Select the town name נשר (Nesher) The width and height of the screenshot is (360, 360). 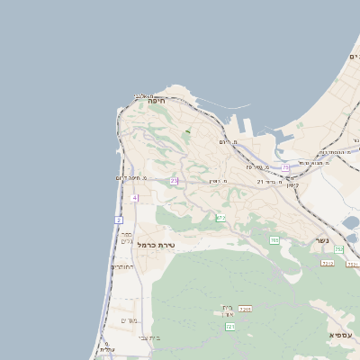pos(321,240)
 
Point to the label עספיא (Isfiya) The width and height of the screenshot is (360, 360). pos(341,335)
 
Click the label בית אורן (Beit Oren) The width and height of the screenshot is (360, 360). pos(228,310)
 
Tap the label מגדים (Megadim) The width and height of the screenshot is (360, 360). pos(128,319)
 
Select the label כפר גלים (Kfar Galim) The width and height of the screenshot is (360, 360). pos(127,238)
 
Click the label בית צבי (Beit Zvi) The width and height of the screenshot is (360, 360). pos(149,337)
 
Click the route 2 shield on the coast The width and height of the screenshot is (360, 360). pos(119,220)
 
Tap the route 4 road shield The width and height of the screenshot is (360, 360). pos(134,197)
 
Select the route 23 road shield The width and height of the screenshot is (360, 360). pos(174,181)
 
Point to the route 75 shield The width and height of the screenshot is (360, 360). pos(285,167)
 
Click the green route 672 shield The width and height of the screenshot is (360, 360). pos(220,217)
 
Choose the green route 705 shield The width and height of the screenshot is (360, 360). pos(274,240)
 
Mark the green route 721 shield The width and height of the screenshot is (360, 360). pos(230,327)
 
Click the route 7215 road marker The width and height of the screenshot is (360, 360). pos(245,309)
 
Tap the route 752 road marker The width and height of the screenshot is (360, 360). pos(339,249)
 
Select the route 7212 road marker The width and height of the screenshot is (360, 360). pos(328,263)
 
